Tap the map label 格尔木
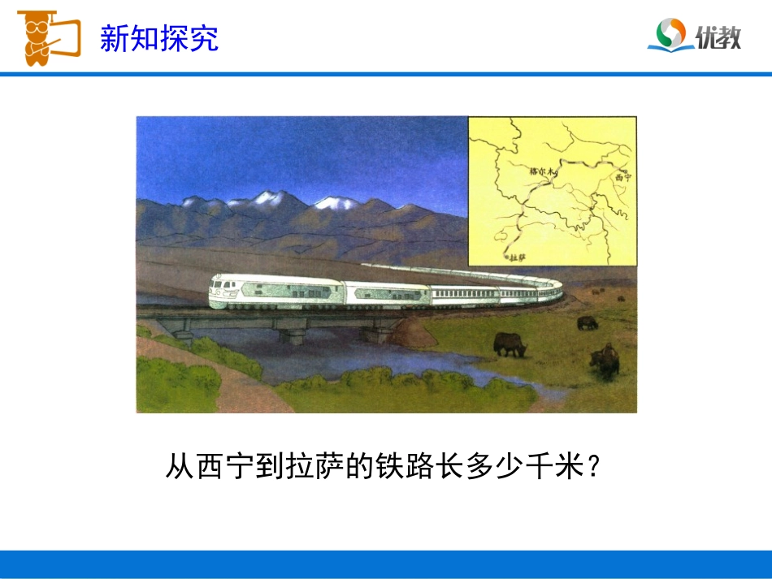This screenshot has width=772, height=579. click(540, 171)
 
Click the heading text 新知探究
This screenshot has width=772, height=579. click(159, 38)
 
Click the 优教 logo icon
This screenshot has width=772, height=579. click(671, 36)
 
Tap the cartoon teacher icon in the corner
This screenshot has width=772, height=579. click(46, 37)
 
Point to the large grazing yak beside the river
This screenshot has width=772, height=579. click(510, 345)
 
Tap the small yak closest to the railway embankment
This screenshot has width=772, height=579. click(587, 322)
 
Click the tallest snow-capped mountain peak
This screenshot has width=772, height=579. click(268, 198)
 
